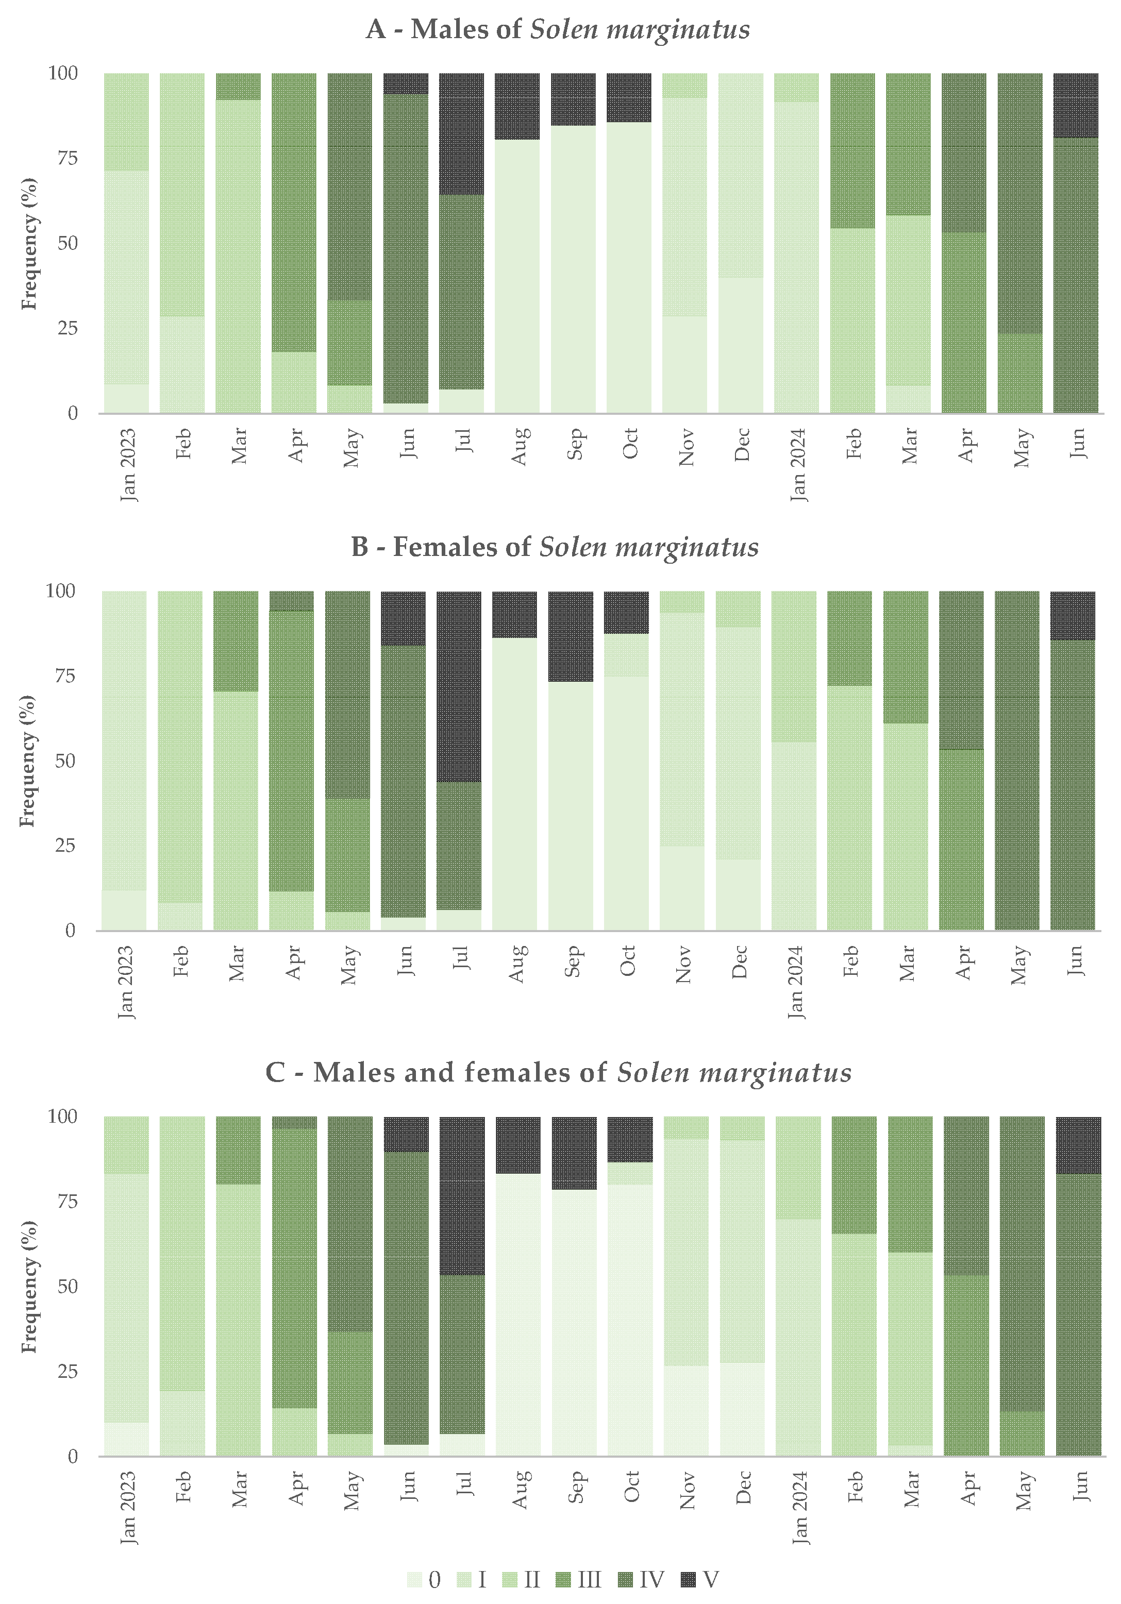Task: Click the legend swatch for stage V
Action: (689, 1580)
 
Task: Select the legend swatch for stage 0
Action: (414, 1580)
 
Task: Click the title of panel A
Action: (558, 29)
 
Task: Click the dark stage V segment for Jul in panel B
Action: (459, 686)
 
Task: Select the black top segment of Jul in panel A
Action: (461, 133)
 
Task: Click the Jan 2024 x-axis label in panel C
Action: (799, 1506)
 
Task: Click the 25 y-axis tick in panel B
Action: (64, 846)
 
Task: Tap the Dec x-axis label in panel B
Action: (740, 962)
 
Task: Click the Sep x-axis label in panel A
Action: (574, 444)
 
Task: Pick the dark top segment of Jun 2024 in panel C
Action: (1078, 1144)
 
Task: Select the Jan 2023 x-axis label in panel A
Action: (128, 465)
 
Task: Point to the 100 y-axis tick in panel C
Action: (63, 1117)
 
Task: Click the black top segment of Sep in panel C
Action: (574, 1153)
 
